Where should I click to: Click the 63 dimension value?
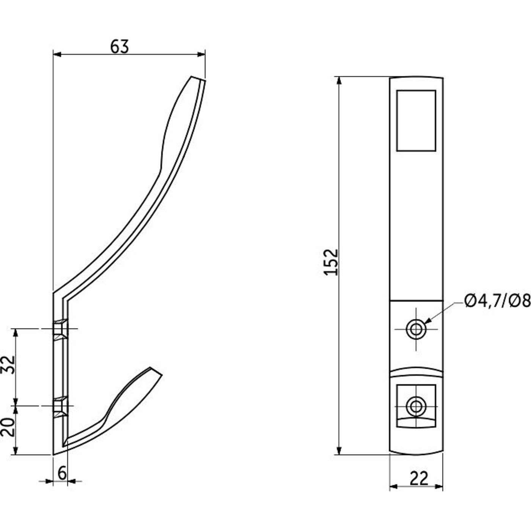coord(119,47)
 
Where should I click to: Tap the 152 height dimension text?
coord(331,262)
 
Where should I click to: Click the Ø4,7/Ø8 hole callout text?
coord(497,301)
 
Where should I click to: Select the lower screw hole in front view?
coord(416,406)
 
